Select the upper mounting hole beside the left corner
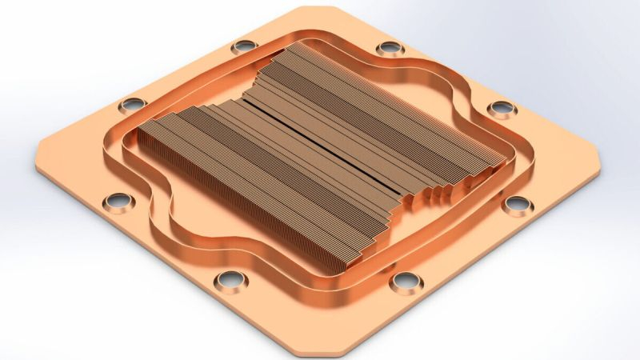click(x=132, y=104)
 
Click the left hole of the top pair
click(x=243, y=46)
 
